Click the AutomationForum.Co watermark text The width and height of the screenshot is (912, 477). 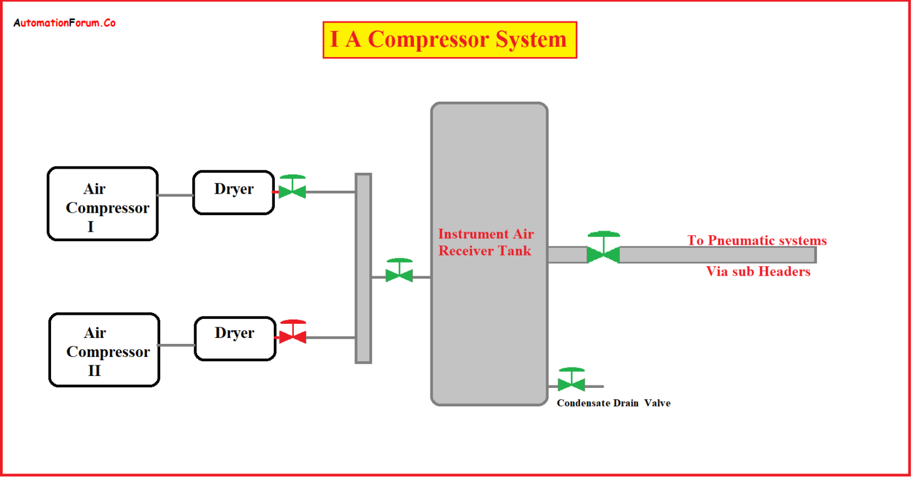click(64, 23)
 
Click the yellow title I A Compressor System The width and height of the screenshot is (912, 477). click(449, 40)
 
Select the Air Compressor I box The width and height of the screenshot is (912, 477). click(103, 204)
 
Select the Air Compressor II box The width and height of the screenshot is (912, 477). click(104, 350)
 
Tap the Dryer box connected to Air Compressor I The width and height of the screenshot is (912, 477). click(233, 192)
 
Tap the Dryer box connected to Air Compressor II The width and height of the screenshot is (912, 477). click(235, 339)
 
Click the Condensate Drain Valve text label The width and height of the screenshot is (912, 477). click(613, 403)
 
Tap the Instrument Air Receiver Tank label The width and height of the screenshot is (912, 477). click(485, 242)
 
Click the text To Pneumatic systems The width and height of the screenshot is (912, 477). click(757, 241)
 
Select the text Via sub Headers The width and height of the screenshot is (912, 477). click(758, 271)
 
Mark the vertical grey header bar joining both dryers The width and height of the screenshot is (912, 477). click(363, 268)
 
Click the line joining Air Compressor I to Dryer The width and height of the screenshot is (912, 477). click(175, 195)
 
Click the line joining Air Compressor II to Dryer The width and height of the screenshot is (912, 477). click(177, 345)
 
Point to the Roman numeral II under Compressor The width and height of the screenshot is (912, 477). click(94, 371)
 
